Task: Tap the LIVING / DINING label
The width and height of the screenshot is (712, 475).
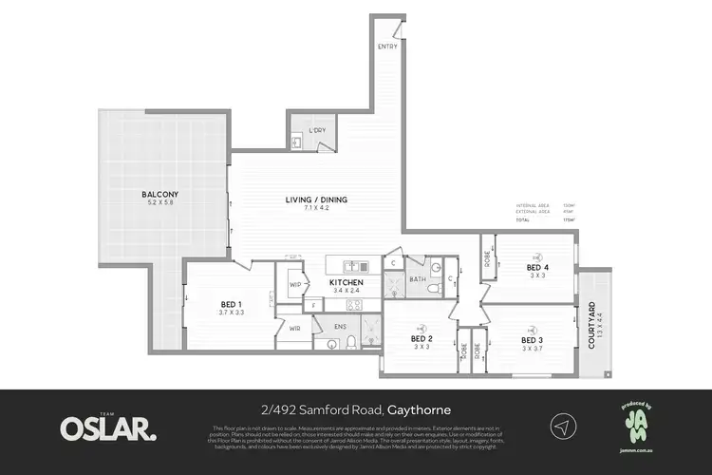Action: (313, 199)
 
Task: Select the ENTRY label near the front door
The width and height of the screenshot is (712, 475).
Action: (387, 47)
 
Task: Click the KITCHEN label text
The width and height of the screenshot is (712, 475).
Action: (346, 283)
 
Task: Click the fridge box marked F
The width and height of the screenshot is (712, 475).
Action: (315, 305)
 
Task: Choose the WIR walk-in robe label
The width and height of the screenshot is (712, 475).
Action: (294, 328)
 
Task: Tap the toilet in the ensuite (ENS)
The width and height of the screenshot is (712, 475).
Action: (350, 341)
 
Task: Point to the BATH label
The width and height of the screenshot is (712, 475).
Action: (417, 279)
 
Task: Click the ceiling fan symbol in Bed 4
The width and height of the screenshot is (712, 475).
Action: (538, 256)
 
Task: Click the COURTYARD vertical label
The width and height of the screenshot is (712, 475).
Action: (591, 326)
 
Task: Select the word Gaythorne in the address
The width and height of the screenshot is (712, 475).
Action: (420, 410)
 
